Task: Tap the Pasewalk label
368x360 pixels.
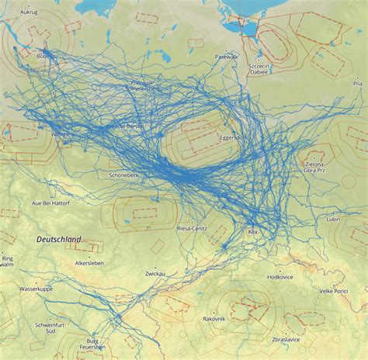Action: tap(227, 57)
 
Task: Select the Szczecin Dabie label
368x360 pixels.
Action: tap(259, 71)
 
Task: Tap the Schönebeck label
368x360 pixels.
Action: tap(113, 175)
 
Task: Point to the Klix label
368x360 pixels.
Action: tap(252, 232)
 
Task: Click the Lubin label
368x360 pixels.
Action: tap(333, 220)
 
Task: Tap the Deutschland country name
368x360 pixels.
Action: tap(59, 241)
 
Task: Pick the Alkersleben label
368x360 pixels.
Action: tap(89, 264)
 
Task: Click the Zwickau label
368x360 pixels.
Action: tap(155, 274)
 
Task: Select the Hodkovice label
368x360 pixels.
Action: tap(279, 277)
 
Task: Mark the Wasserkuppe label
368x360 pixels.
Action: tap(36, 289)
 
